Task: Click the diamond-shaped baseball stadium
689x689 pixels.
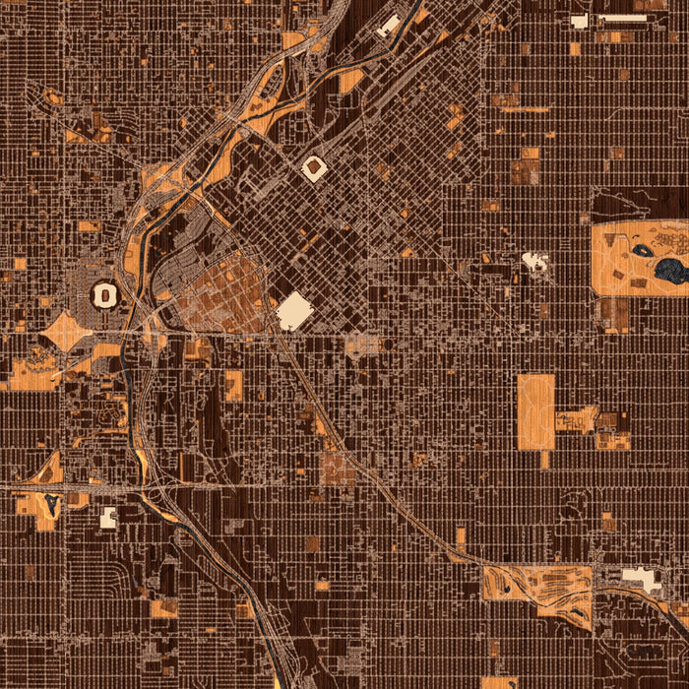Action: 314,169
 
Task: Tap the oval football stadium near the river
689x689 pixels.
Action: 104,293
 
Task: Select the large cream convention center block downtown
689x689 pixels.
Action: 294,312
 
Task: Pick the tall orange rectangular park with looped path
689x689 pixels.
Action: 535,411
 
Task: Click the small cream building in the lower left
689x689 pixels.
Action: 108,517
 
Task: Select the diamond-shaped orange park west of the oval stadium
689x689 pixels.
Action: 67,332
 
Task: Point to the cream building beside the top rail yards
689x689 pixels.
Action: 388,25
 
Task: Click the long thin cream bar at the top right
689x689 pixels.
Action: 621,17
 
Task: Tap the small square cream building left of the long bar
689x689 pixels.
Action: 579,21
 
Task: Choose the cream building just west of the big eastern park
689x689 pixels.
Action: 535,261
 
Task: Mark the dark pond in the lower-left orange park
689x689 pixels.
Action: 50,507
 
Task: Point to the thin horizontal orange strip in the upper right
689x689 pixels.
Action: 524,109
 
